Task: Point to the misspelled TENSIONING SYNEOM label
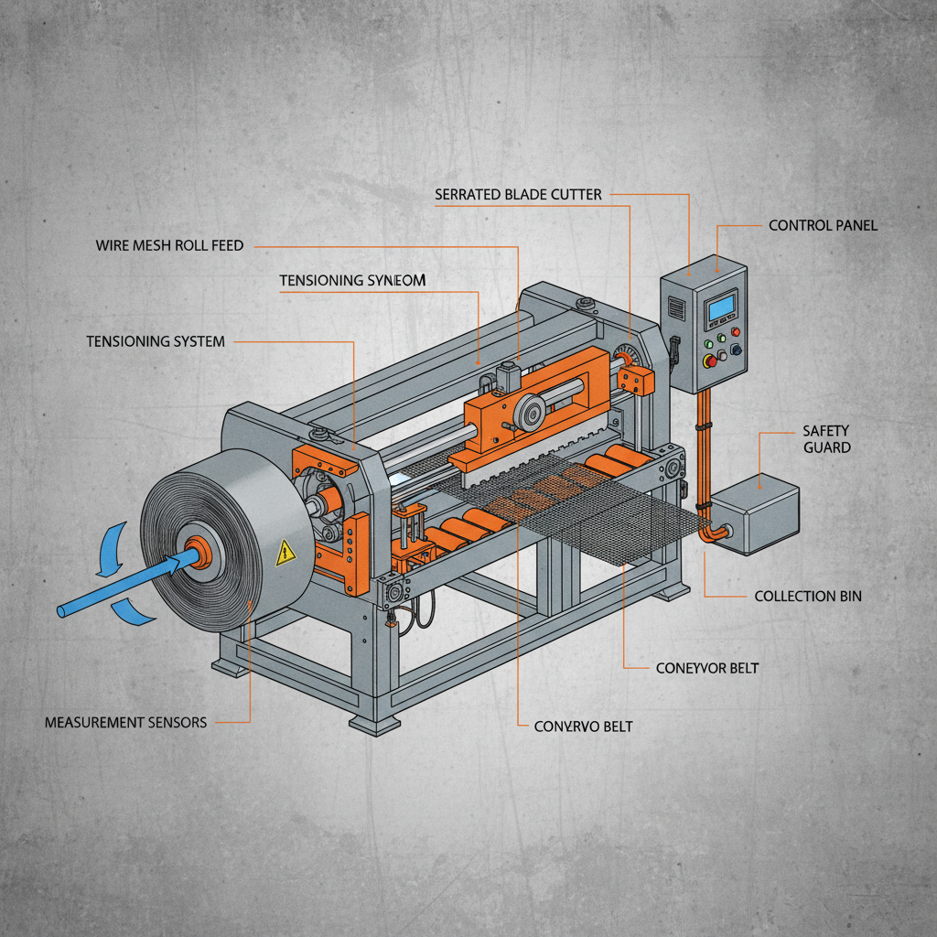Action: (352, 281)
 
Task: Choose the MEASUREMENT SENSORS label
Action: (126, 722)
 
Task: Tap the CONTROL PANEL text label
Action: (823, 224)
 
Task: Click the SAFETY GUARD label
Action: (826, 438)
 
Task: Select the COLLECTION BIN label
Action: (808, 596)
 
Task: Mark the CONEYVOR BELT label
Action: (707, 668)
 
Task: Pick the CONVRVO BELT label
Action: (583, 727)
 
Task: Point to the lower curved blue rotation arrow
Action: (134, 610)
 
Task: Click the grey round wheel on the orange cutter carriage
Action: (528, 414)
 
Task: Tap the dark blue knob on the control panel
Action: (737, 349)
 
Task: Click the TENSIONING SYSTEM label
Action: (156, 341)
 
